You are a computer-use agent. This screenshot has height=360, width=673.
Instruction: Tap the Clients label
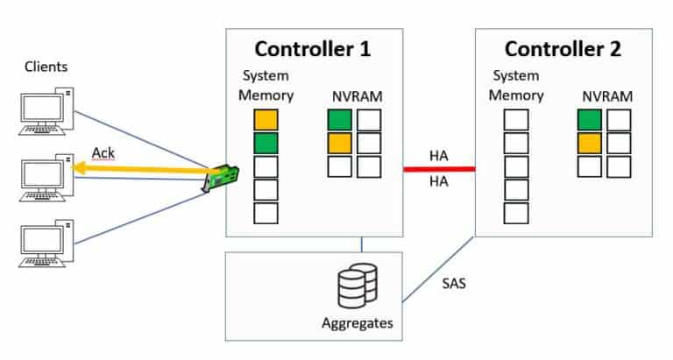pyautogui.click(x=46, y=67)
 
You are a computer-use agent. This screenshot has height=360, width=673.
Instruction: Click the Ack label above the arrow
pyautogui.click(x=103, y=153)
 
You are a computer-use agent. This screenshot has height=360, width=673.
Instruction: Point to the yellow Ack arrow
pyautogui.click(x=140, y=172)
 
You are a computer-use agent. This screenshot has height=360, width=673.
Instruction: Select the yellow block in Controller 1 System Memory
pyautogui.click(x=266, y=120)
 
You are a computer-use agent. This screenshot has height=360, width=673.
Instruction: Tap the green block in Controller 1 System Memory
pyautogui.click(x=266, y=143)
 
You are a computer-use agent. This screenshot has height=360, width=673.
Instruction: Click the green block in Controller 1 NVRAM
pyautogui.click(x=339, y=120)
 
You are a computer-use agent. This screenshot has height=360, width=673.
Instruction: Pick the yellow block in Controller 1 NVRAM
pyautogui.click(x=339, y=143)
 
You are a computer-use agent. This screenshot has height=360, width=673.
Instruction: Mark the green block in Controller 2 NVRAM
pyautogui.click(x=589, y=120)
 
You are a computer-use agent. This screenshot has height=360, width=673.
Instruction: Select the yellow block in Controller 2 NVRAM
pyautogui.click(x=589, y=143)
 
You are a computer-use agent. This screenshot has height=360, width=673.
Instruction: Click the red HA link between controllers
pyautogui.click(x=439, y=169)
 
